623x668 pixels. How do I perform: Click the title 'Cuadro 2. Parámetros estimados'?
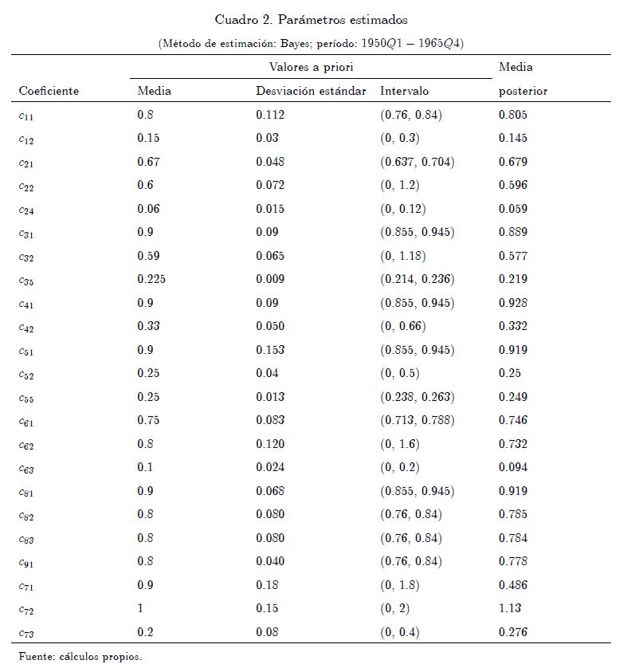point(311,19)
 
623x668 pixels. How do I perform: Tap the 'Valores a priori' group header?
point(311,68)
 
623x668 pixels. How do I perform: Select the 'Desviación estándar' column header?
point(311,91)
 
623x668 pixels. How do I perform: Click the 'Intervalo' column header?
point(404,91)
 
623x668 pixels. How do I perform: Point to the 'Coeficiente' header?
point(49,91)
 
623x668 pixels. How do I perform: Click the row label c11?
point(27,116)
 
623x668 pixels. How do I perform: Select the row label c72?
point(27,610)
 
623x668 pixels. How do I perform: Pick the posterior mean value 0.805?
point(513,115)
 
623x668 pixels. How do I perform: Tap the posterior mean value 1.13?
point(510,609)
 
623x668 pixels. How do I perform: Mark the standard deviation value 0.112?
point(270,115)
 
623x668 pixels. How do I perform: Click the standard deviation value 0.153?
point(270,350)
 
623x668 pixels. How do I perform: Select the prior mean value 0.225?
point(151,279)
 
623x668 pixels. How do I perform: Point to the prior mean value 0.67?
point(148,162)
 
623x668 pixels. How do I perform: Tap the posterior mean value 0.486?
point(513,585)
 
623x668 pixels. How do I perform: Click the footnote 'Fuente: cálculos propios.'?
point(80,657)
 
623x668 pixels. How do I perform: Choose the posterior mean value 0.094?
point(513,468)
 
